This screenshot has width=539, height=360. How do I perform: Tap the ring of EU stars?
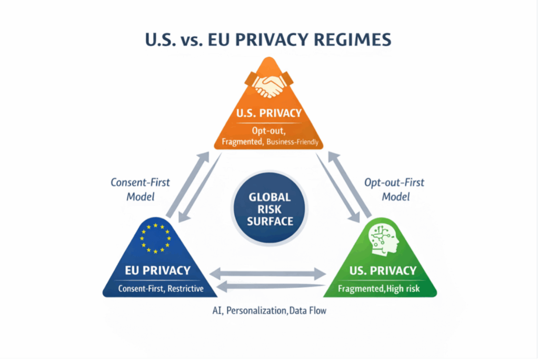155,227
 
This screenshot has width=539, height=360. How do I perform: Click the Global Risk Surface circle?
269,209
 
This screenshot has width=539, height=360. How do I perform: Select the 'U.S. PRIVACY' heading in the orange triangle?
269,113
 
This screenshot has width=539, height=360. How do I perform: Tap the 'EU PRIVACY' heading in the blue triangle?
157,271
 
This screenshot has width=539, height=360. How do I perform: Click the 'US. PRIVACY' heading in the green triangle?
383,271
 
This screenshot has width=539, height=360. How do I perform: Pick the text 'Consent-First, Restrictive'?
161,288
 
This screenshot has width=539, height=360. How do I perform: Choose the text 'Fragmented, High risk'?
379,288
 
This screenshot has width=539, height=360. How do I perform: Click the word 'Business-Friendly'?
292,142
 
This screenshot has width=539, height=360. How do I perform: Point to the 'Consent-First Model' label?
140,189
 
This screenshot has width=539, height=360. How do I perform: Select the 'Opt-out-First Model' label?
394,189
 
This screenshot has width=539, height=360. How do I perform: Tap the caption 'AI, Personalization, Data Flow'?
269,311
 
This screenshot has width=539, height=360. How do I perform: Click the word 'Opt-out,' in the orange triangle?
268,131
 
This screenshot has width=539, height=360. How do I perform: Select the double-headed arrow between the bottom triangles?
268,274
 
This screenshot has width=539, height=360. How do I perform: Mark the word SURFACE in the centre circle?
270,222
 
